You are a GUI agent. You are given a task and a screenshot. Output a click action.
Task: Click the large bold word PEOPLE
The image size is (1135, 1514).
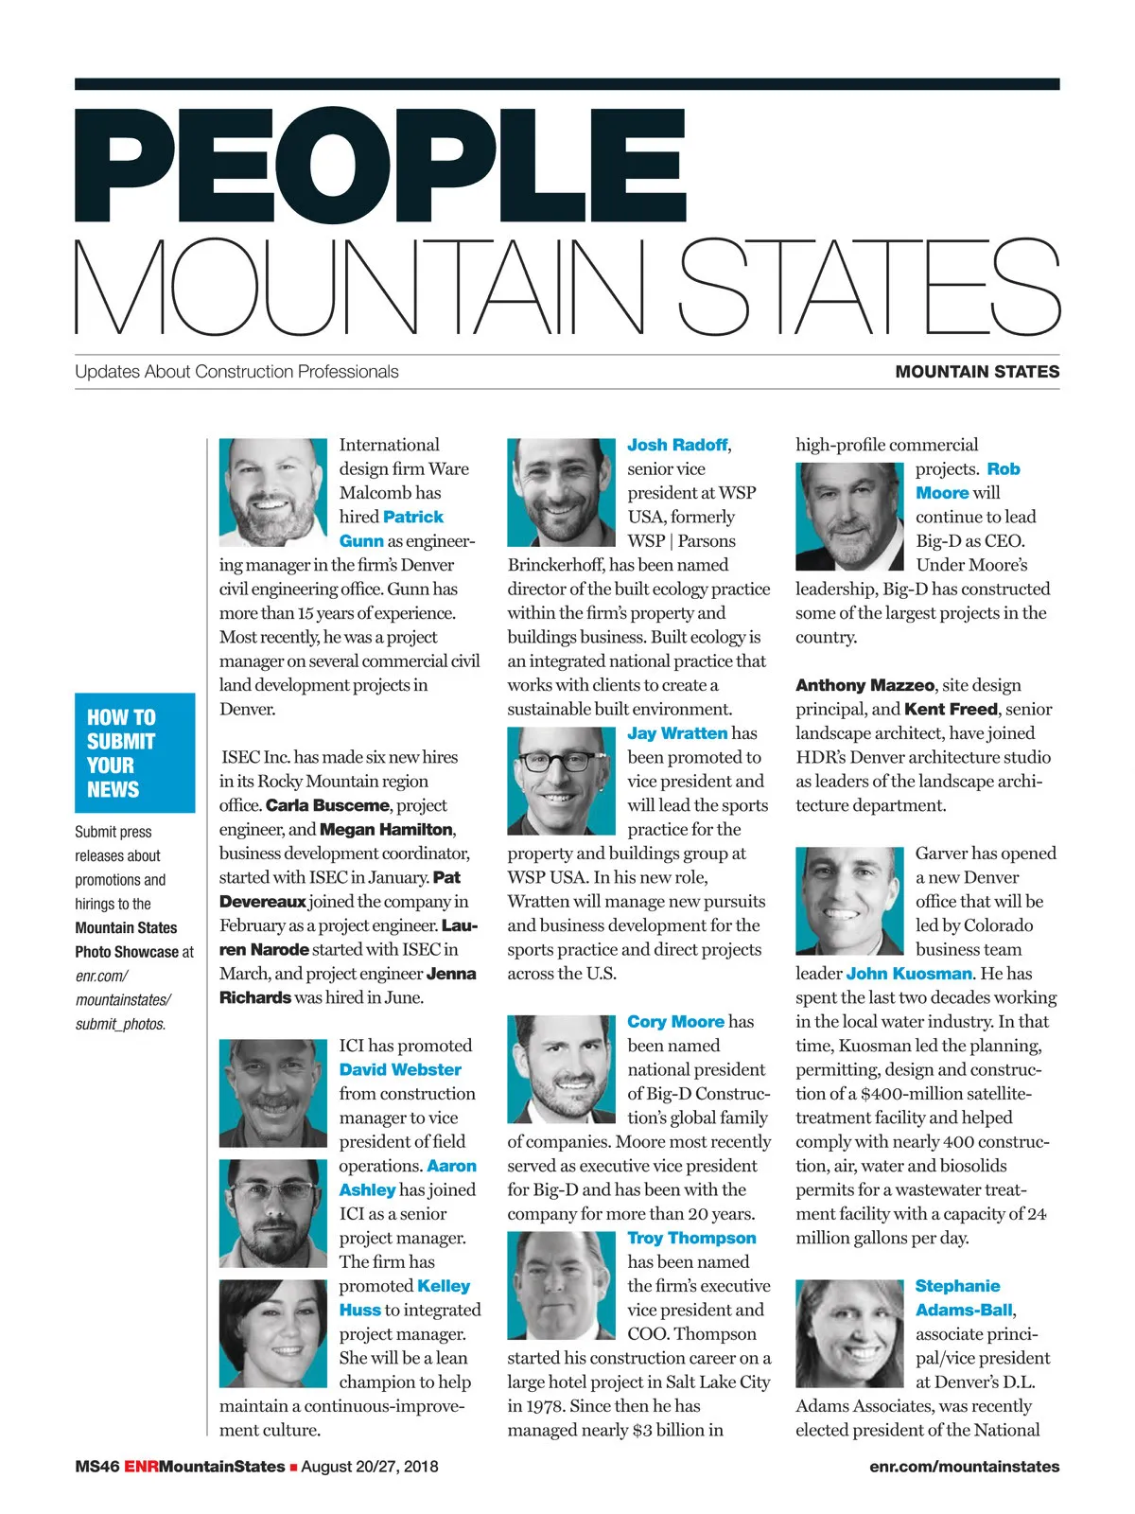378,166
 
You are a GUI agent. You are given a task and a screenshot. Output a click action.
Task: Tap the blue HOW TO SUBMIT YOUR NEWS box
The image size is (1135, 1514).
134,752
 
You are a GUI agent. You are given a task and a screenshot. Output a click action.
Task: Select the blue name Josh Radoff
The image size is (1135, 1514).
677,445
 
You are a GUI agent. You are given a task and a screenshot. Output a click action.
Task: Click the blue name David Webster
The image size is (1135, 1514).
400,1069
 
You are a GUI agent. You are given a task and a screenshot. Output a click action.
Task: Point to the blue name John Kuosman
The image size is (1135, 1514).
908,973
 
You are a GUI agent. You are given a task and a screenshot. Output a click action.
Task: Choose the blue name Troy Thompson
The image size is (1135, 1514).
691,1238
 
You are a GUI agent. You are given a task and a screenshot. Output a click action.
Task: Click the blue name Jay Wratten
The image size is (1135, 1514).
677,733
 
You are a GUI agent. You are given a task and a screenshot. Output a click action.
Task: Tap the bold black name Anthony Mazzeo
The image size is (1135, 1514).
865,685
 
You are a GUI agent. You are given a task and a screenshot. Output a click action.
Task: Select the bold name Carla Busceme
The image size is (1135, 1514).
327,805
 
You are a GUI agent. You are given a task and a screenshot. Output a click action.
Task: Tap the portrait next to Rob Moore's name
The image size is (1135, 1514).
848,516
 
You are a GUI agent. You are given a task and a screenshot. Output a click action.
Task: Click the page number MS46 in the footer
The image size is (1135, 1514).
96,1467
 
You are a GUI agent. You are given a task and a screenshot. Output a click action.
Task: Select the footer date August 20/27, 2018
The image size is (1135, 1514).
370,1467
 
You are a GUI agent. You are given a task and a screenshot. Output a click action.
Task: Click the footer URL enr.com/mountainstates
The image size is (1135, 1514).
964,1467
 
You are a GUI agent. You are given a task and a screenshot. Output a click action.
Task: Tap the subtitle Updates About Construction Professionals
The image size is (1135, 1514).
236,372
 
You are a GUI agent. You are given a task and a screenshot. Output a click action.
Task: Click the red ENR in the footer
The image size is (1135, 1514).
141,1467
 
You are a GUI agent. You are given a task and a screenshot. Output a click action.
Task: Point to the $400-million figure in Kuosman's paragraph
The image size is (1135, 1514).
910,1094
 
